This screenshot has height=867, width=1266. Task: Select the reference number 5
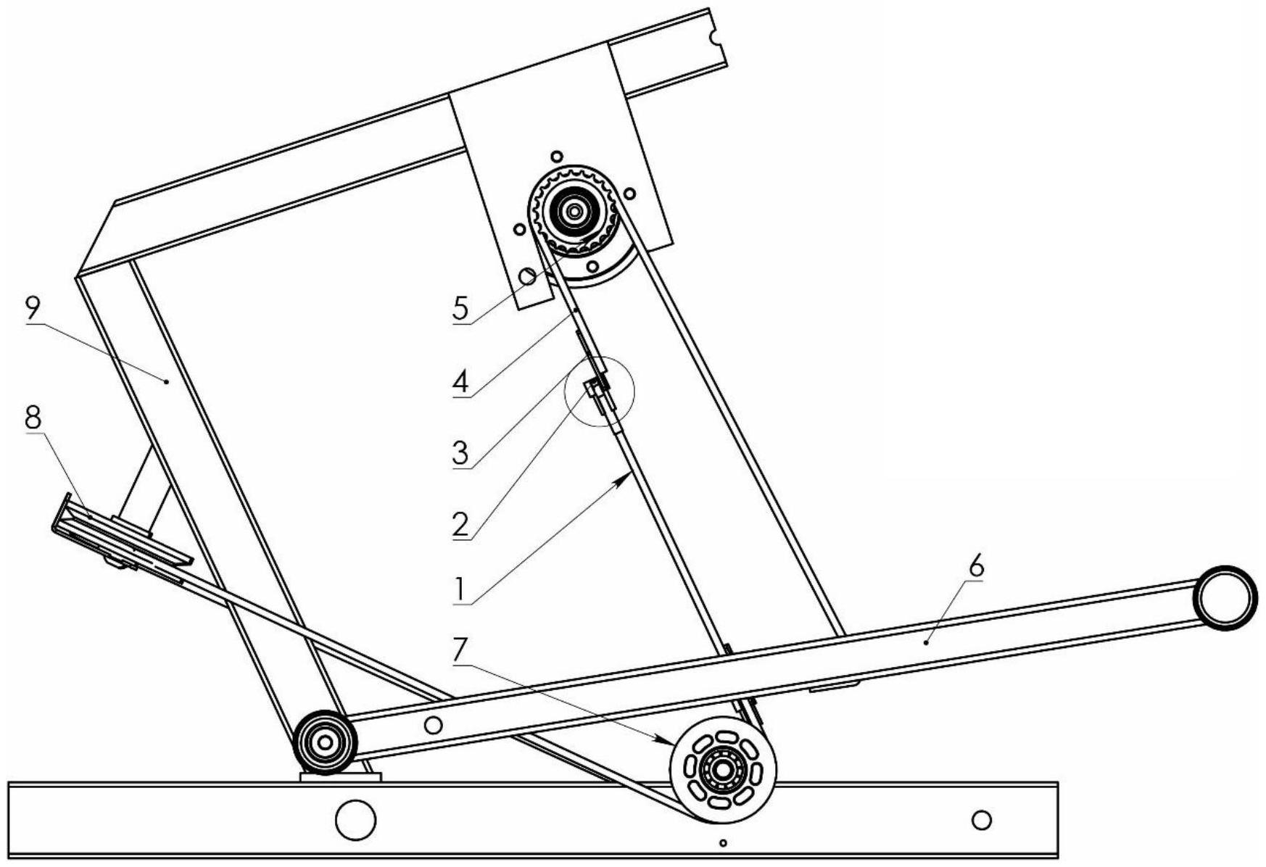coord(461,308)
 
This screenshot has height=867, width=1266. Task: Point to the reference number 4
coord(461,381)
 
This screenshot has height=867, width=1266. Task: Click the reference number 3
coord(461,453)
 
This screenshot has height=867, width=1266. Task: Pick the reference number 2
coord(461,523)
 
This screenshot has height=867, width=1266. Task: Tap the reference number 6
coord(977,568)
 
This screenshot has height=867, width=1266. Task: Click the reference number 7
coord(461,650)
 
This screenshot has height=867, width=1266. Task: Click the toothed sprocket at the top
coord(574,212)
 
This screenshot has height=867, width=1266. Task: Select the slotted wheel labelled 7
coord(723,770)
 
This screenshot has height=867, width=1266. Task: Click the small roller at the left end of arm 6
coord(325,742)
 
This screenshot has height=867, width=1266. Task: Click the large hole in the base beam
coord(356,820)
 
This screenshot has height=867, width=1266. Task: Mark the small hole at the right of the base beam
coord(981,820)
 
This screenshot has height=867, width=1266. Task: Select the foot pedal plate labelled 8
coord(121,537)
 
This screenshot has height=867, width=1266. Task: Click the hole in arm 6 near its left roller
coord(433,724)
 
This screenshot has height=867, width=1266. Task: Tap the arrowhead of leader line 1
coord(624,476)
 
